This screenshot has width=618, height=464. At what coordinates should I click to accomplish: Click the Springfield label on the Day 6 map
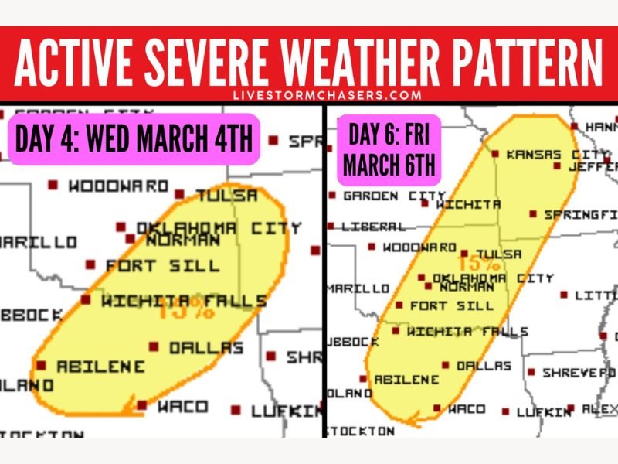click(579, 214)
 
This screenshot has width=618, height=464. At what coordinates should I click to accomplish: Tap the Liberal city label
click(374, 227)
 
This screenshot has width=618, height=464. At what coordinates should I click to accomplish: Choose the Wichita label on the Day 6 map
click(468, 205)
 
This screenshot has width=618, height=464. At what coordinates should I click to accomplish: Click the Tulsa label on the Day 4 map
click(226, 196)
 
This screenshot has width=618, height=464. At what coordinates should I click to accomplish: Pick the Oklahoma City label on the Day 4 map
click(219, 228)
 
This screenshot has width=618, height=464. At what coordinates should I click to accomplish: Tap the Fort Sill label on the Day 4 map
click(162, 265)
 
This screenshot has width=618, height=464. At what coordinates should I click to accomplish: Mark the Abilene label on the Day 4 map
click(100, 366)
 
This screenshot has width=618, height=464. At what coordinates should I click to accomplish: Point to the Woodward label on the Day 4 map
click(118, 186)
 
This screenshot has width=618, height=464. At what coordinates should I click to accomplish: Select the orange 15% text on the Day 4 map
click(186, 312)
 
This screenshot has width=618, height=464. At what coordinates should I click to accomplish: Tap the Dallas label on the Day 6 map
click(484, 366)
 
